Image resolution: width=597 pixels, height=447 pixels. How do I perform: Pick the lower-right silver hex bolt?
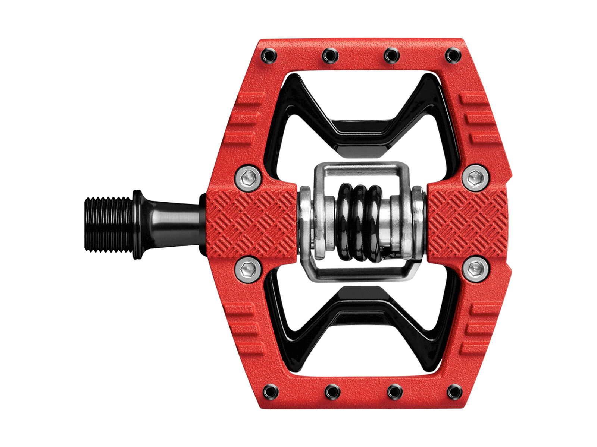(x=474, y=267)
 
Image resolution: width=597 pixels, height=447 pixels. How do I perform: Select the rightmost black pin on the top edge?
(x=453, y=55)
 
